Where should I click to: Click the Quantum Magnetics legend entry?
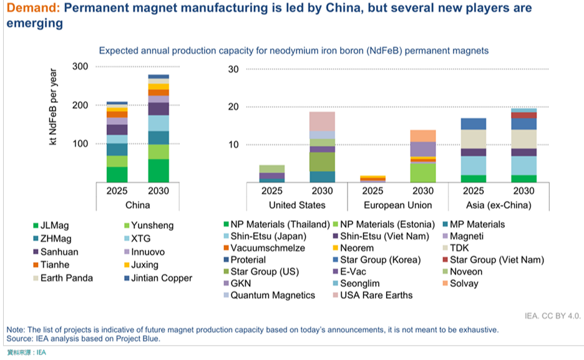click(x=273, y=295)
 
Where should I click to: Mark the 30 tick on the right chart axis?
click(x=233, y=69)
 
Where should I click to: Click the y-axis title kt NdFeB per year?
click(x=54, y=107)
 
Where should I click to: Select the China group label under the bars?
click(x=137, y=205)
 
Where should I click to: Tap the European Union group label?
click(x=397, y=205)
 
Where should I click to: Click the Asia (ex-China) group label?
click(x=499, y=205)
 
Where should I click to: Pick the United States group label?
click(x=297, y=205)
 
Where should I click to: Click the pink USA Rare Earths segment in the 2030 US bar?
click(x=322, y=121)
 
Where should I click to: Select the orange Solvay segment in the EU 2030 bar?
click(x=424, y=135)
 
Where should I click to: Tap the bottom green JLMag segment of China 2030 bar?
click(x=158, y=170)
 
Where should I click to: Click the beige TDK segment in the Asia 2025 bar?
click(x=474, y=139)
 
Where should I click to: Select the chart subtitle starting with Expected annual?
click(x=293, y=50)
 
